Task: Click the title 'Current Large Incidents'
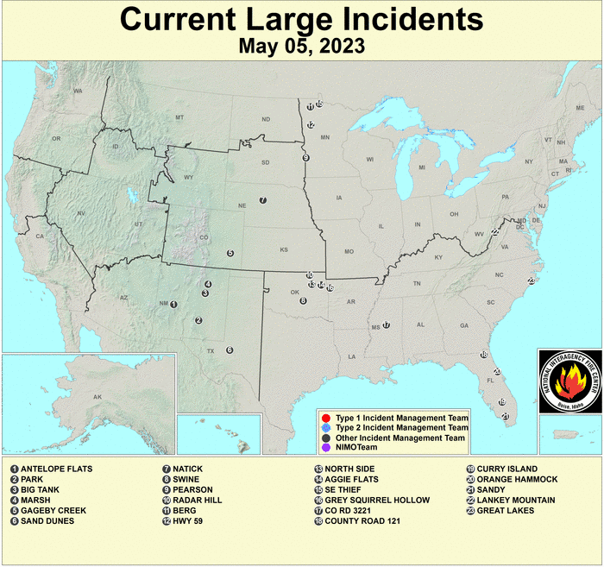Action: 301,18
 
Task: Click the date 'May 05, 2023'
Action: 301,45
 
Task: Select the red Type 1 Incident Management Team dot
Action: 325,417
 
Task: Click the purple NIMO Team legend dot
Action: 325,448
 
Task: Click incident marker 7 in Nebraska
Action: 262,200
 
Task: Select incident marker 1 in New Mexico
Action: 173,304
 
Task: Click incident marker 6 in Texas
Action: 230,350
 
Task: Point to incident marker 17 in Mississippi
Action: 387,325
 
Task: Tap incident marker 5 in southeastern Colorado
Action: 230,253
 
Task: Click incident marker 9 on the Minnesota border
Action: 305,158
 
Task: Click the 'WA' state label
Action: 78,91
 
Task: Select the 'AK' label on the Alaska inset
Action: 98,397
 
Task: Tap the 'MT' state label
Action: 179,117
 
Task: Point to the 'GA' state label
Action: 464,325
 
